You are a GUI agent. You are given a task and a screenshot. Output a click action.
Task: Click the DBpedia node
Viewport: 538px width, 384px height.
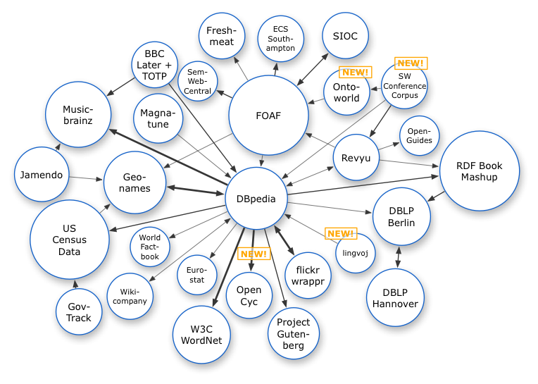click(x=256, y=198)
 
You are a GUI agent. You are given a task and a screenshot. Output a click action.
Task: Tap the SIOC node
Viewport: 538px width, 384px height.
click(x=344, y=37)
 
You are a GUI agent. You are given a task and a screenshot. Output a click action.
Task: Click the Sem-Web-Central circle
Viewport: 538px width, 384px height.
click(x=199, y=82)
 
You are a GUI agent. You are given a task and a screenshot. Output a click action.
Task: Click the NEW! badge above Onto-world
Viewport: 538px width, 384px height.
click(x=355, y=72)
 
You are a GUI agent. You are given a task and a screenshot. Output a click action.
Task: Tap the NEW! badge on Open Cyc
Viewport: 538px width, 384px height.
click(x=254, y=254)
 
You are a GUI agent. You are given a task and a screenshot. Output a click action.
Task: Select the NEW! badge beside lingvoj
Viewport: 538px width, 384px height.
click(x=340, y=233)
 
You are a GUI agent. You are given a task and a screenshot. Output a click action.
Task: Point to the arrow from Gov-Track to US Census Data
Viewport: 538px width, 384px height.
click(x=75, y=285)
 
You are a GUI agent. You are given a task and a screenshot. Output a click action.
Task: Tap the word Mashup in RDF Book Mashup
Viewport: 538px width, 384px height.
click(x=480, y=177)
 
